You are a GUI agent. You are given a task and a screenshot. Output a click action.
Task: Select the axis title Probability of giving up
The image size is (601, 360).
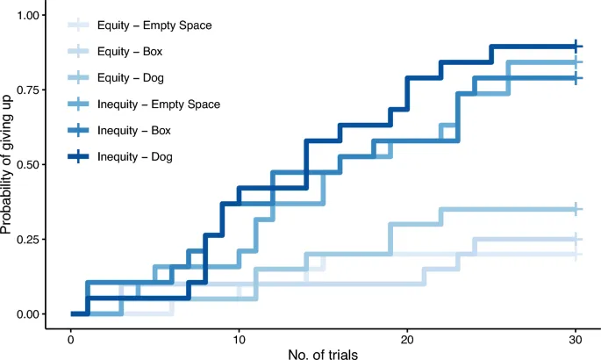8,165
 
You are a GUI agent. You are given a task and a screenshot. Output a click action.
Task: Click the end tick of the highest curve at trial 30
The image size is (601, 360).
576,47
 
